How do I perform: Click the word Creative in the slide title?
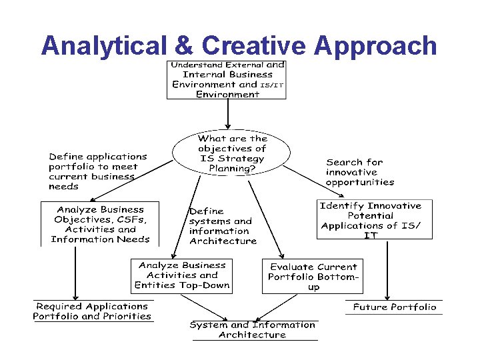coord(254,45)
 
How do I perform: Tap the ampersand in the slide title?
coord(180,45)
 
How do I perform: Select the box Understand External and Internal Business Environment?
coord(227,79)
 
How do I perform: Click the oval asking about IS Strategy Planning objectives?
coord(231,153)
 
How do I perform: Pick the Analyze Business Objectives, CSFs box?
coord(100,224)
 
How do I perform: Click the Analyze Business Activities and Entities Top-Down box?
coord(181,275)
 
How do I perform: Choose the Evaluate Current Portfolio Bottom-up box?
coord(313,276)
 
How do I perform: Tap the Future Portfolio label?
coord(394,307)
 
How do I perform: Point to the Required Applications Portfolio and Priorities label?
coord(93,311)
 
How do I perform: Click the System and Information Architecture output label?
coord(252,329)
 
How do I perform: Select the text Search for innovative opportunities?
coord(359,171)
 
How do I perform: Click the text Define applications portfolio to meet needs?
coord(97,171)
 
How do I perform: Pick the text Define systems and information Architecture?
coord(222,226)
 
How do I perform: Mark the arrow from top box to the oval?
coord(228,113)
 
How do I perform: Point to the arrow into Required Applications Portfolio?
coord(75,273)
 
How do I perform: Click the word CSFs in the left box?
coord(130,219)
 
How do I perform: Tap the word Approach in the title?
coord(375,45)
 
